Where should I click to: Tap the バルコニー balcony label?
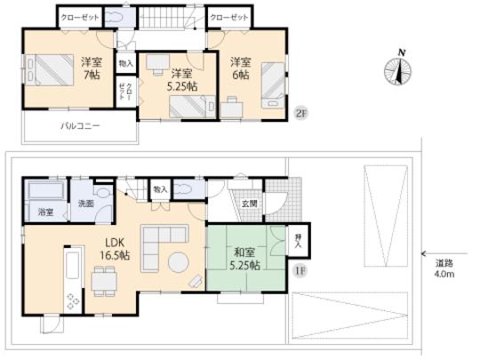[x=80, y=125]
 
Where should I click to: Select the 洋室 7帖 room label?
[x=89, y=68]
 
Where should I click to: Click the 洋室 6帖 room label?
[x=240, y=68]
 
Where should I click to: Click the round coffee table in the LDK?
[x=176, y=263]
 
